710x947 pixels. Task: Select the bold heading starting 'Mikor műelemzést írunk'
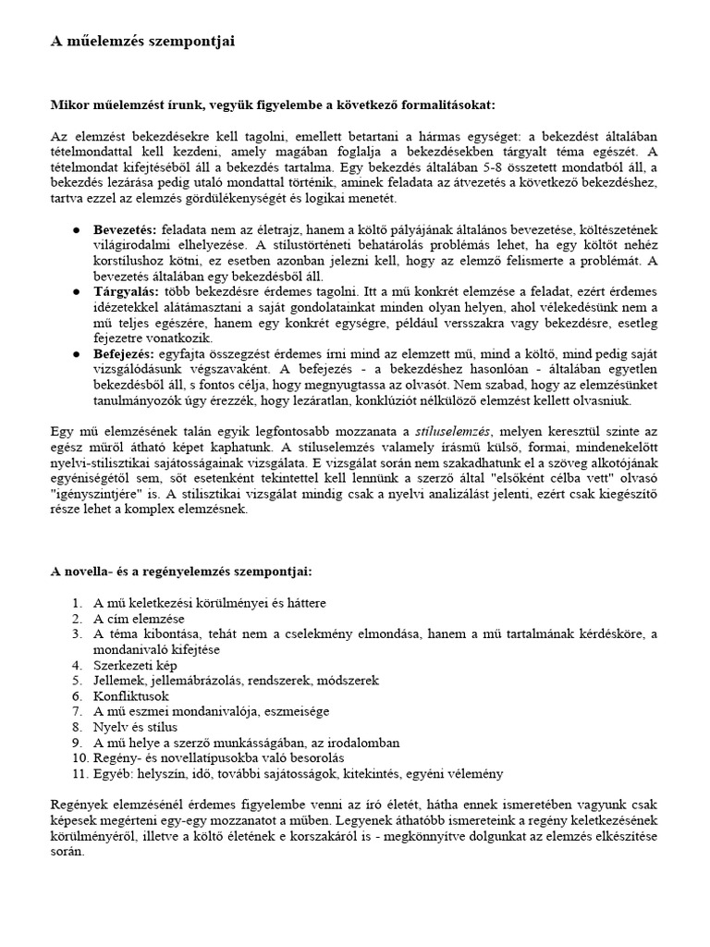tap(272, 105)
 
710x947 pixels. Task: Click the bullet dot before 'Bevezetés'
tap(76, 229)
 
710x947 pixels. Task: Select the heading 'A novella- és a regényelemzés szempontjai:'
tap(181, 572)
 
